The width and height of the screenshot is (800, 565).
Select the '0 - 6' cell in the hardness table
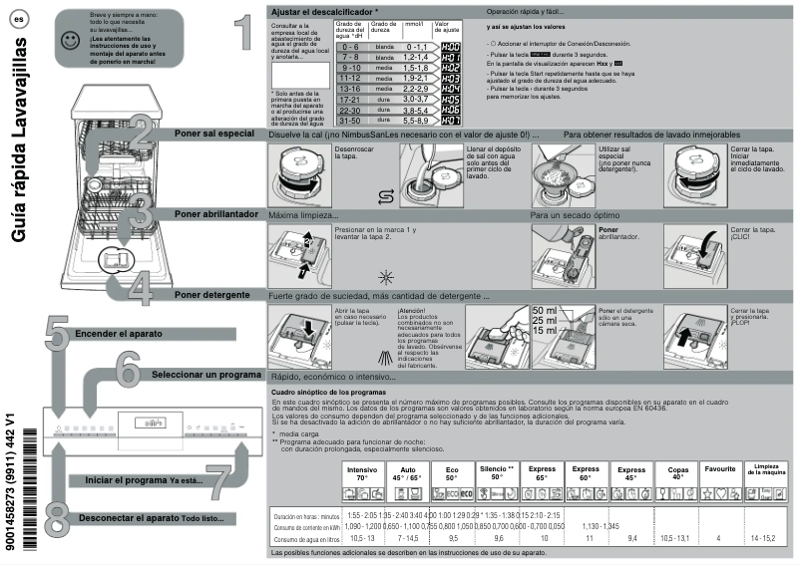point(348,47)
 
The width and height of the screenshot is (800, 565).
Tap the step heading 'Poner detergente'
point(211,296)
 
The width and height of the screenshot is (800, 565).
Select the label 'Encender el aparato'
point(120,334)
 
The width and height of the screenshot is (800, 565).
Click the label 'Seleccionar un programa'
point(206,376)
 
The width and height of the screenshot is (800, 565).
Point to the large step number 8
point(57,519)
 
